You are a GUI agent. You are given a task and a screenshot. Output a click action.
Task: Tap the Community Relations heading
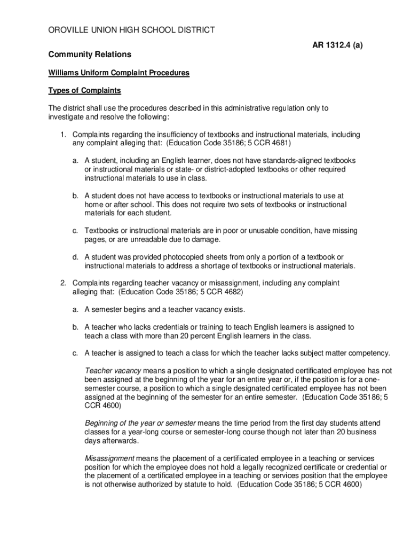90,55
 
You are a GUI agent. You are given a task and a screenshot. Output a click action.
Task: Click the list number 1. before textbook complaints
63,135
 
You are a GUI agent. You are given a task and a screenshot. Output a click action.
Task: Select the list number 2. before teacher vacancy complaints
63,283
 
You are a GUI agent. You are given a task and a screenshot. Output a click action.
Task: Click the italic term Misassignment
109,458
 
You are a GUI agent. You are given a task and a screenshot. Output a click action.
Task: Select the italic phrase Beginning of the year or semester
140,423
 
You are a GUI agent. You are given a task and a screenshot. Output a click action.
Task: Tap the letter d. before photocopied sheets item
76,257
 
